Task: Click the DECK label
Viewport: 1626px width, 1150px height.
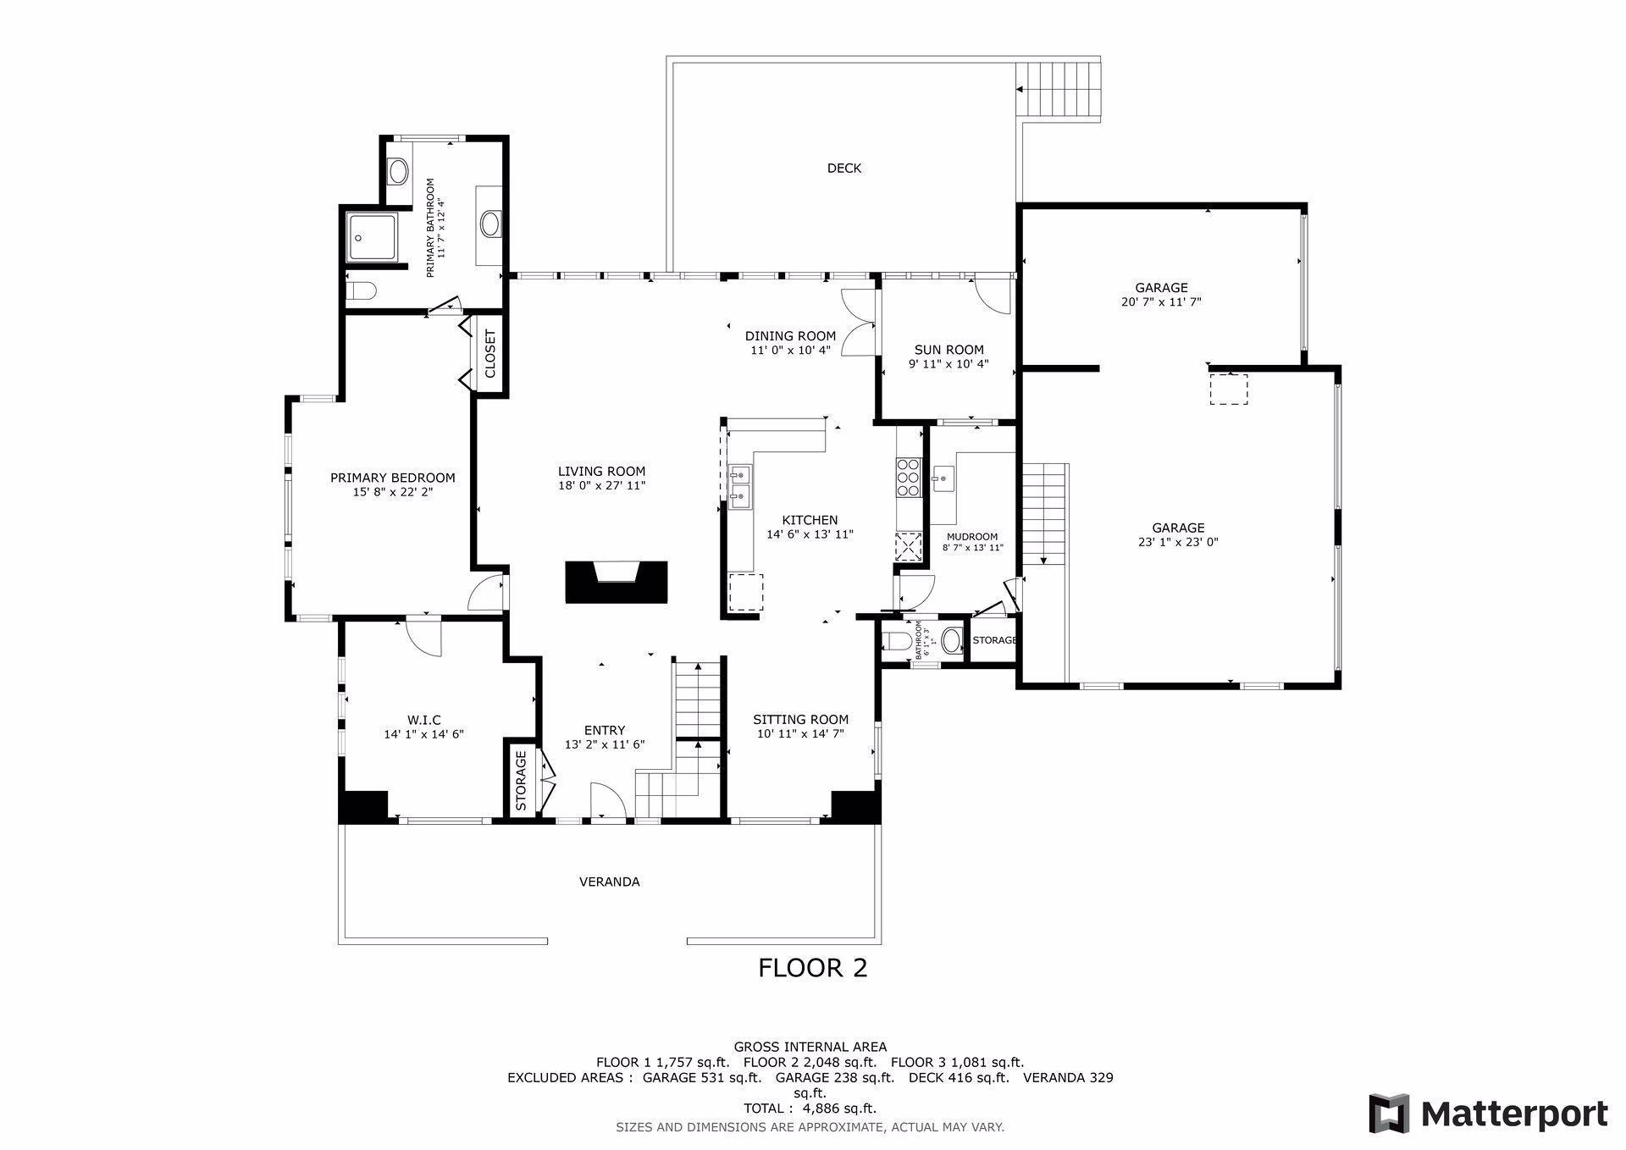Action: click(x=843, y=169)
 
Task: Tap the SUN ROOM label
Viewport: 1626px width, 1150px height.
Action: click(x=948, y=350)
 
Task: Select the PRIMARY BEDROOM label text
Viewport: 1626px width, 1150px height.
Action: click(x=393, y=478)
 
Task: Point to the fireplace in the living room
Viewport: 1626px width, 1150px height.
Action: click(x=617, y=583)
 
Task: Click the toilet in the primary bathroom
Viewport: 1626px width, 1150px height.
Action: click(x=361, y=291)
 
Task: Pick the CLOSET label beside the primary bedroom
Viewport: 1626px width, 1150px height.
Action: click(x=489, y=353)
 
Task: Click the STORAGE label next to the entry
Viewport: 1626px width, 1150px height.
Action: click(x=521, y=780)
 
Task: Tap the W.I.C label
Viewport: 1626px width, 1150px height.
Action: click(x=423, y=721)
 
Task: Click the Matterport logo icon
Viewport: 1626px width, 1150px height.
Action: click(x=1389, y=1113)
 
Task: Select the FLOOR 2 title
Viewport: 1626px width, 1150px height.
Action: click(x=813, y=968)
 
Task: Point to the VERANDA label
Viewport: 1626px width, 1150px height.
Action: click(x=609, y=882)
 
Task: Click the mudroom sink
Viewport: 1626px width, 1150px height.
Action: click(x=943, y=478)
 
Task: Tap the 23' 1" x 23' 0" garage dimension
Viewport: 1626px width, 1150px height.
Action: click(x=1178, y=542)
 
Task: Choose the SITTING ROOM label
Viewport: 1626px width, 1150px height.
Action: click(x=800, y=720)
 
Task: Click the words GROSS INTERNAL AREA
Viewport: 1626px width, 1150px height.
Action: click(x=810, y=1047)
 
